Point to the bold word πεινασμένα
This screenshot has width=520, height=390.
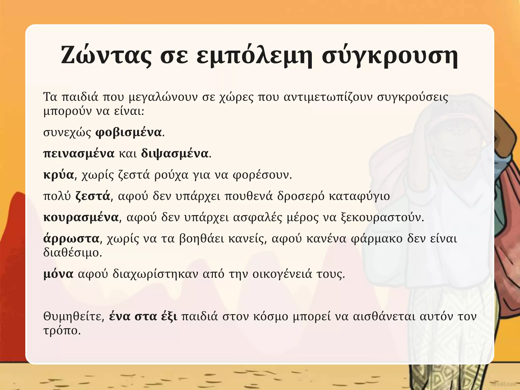click(79, 154)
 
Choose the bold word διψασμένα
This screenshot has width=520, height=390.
click(175, 154)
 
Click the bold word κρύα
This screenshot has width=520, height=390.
click(59, 175)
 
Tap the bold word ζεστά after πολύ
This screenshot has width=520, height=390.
click(93, 196)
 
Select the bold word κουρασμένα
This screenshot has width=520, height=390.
click(81, 218)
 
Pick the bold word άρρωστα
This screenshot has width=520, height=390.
click(71, 239)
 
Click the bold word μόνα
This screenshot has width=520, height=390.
click(58, 274)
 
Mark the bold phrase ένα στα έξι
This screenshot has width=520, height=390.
click(143, 317)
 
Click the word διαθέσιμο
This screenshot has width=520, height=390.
click(72, 253)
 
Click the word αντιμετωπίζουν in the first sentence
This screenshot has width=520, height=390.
click(328, 97)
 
